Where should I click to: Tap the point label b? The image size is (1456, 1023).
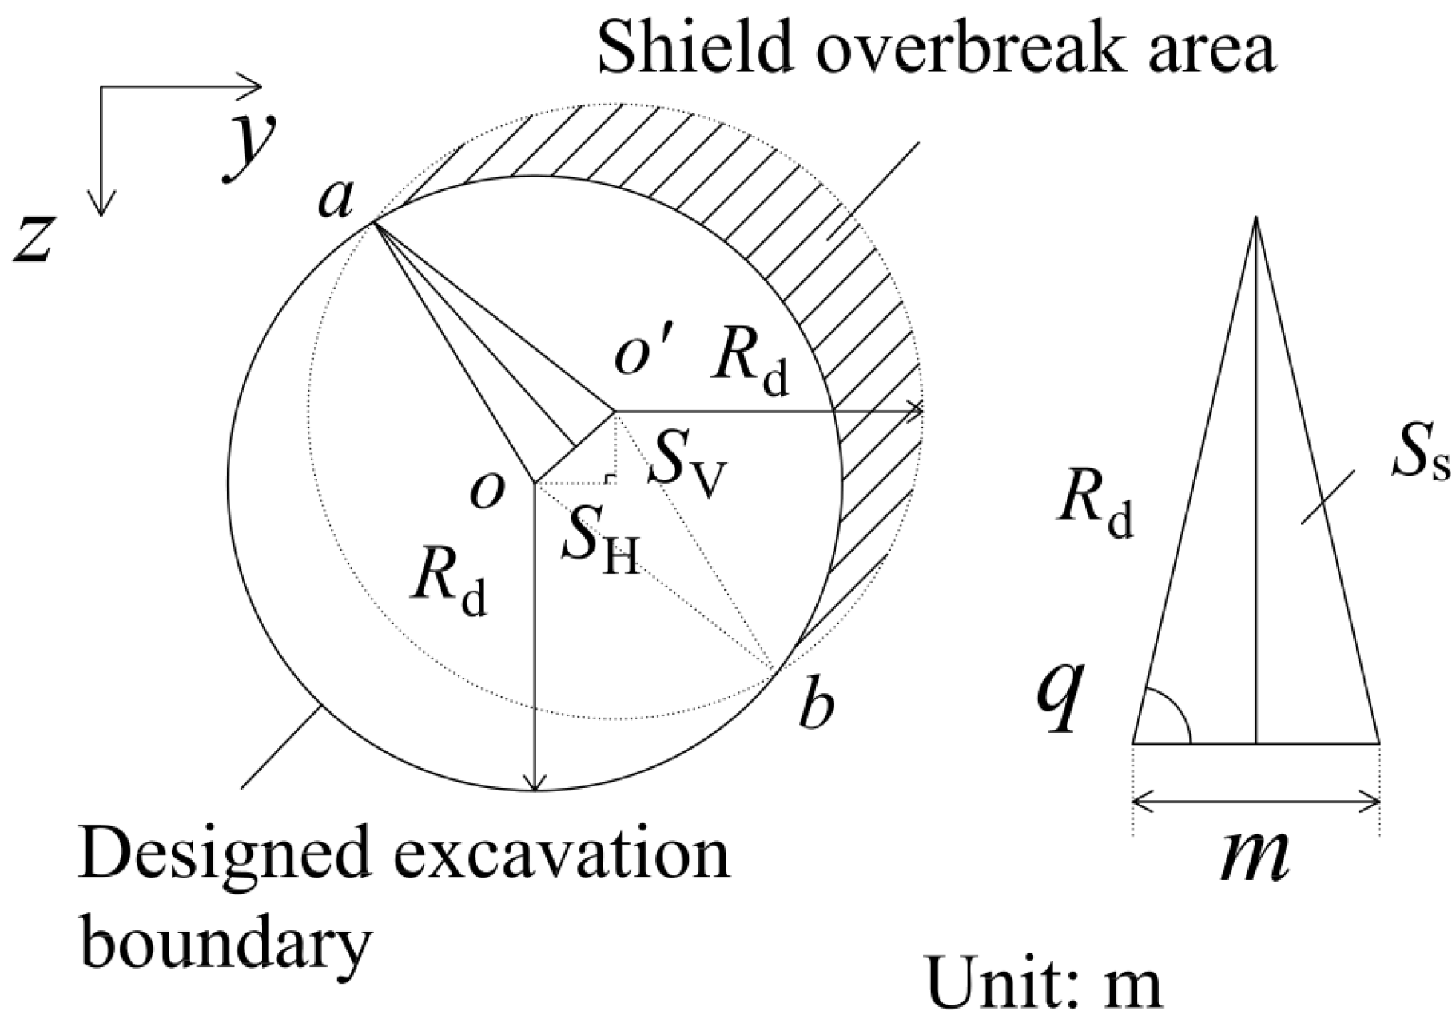(x=816, y=707)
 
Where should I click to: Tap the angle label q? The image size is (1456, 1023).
(x=1060, y=692)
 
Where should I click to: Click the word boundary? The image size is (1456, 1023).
(x=227, y=944)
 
